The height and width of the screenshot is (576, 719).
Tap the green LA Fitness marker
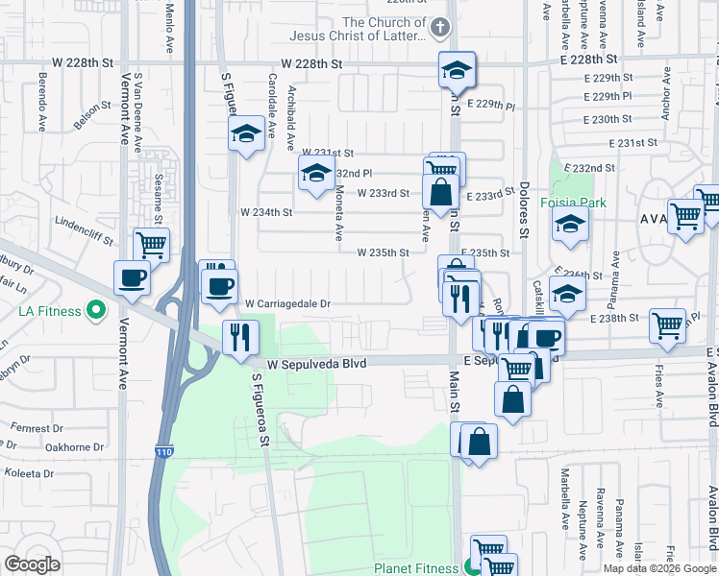(95, 310)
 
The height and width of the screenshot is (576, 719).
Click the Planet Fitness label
(415, 567)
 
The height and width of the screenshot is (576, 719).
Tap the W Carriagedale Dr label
(287, 303)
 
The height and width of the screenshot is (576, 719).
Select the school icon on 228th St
(457, 67)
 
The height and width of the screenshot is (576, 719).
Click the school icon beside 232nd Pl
(314, 174)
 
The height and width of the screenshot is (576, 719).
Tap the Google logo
(33, 564)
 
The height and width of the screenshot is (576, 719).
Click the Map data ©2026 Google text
(658, 568)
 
